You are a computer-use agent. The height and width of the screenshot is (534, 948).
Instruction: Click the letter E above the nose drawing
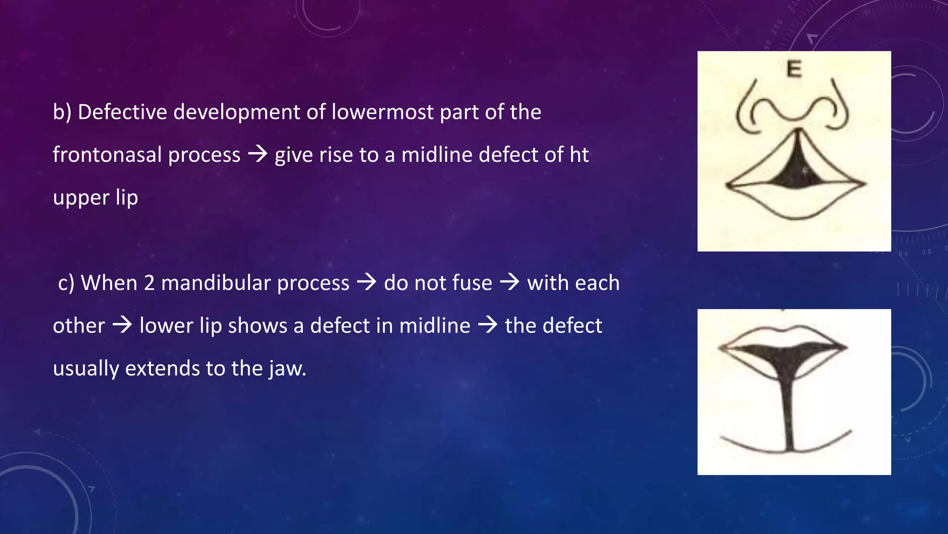pyautogui.click(x=794, y=69)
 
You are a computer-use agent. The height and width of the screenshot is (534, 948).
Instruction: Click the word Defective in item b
pyautogui.click(x=122, y=112)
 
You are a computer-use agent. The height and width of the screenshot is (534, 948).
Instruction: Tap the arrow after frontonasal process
pyautogui.click(x=258, y=154)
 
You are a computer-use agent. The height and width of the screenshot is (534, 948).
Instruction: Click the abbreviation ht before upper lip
pyautogui.click(x=579, y=155)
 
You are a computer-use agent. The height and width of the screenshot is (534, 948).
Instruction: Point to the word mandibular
pyautogui.click(x=216, y=283)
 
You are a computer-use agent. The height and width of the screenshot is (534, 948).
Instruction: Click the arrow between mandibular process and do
pyautogui.click(x=367, y=282)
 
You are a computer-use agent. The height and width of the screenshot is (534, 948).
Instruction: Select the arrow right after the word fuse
pyautogui.click(x=510, y=282)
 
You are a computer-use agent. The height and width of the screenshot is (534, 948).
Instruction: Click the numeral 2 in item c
pyautogui.click(x=149, y=283)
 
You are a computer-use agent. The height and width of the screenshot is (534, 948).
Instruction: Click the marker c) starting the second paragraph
pyautogui.click(x=66, y=283)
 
